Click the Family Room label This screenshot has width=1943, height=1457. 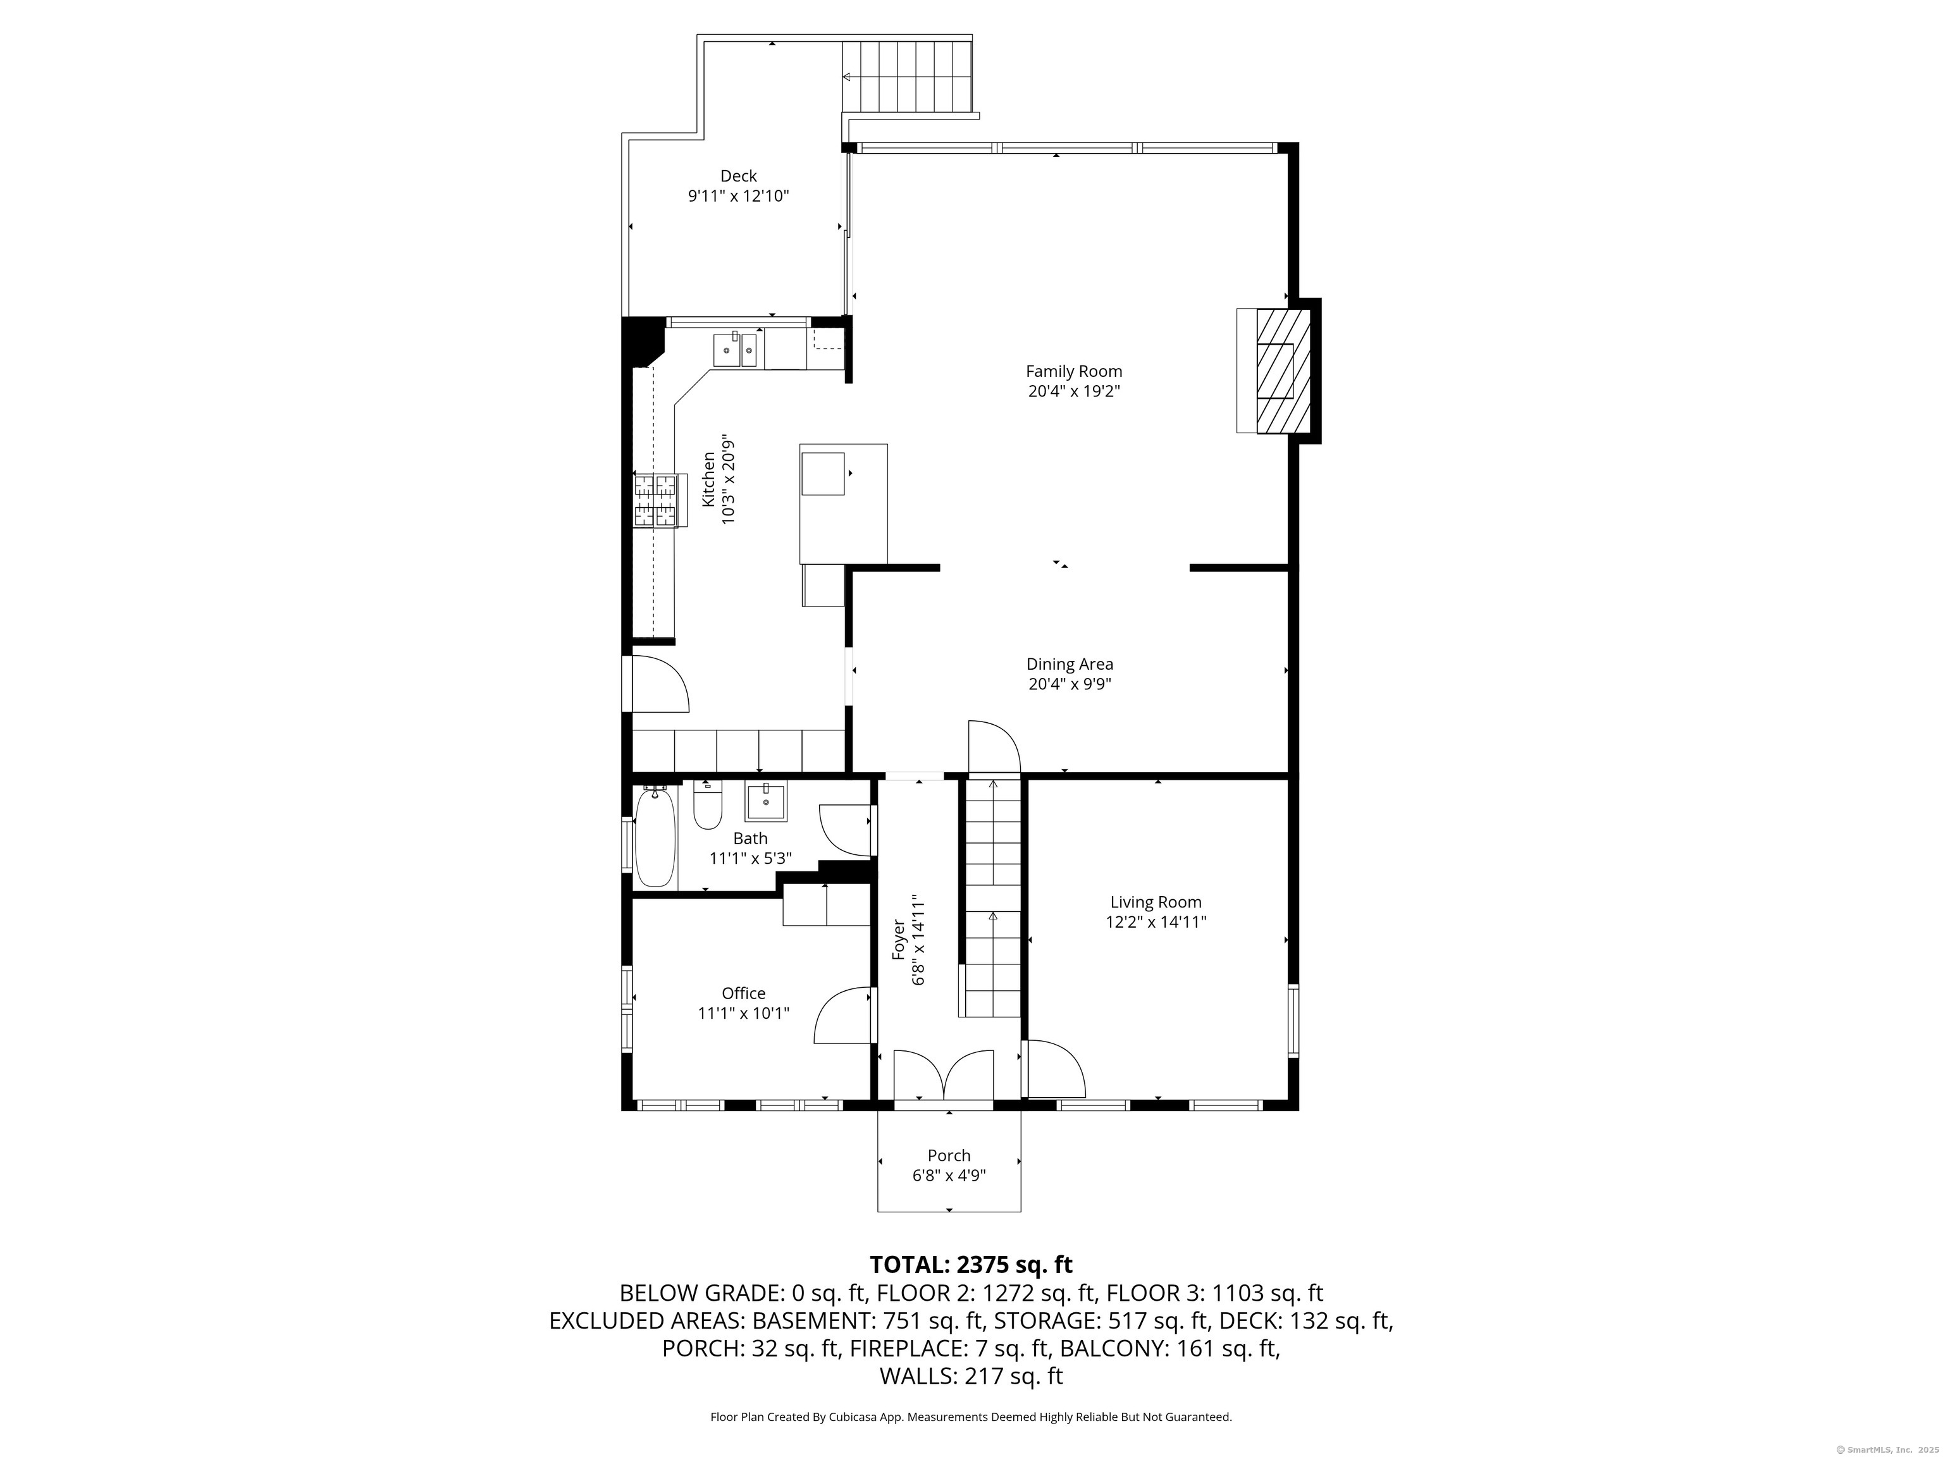click(1073, 371)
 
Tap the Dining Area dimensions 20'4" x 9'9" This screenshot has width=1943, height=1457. click(1070, 684)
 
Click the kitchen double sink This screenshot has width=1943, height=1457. click(736, 350)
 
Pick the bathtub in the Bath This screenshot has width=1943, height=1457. click(655, 837)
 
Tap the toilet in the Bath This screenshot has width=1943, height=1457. click(707, 804)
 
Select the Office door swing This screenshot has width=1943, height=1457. click(843, 1015)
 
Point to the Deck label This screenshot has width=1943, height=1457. click(739, 176)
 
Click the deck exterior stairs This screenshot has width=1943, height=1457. click(908, 77)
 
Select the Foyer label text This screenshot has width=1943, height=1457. click(899, 940)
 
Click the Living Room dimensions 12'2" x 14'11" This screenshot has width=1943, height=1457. click(1156, 922)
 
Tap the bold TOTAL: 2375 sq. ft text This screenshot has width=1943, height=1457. click(971, 1265)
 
